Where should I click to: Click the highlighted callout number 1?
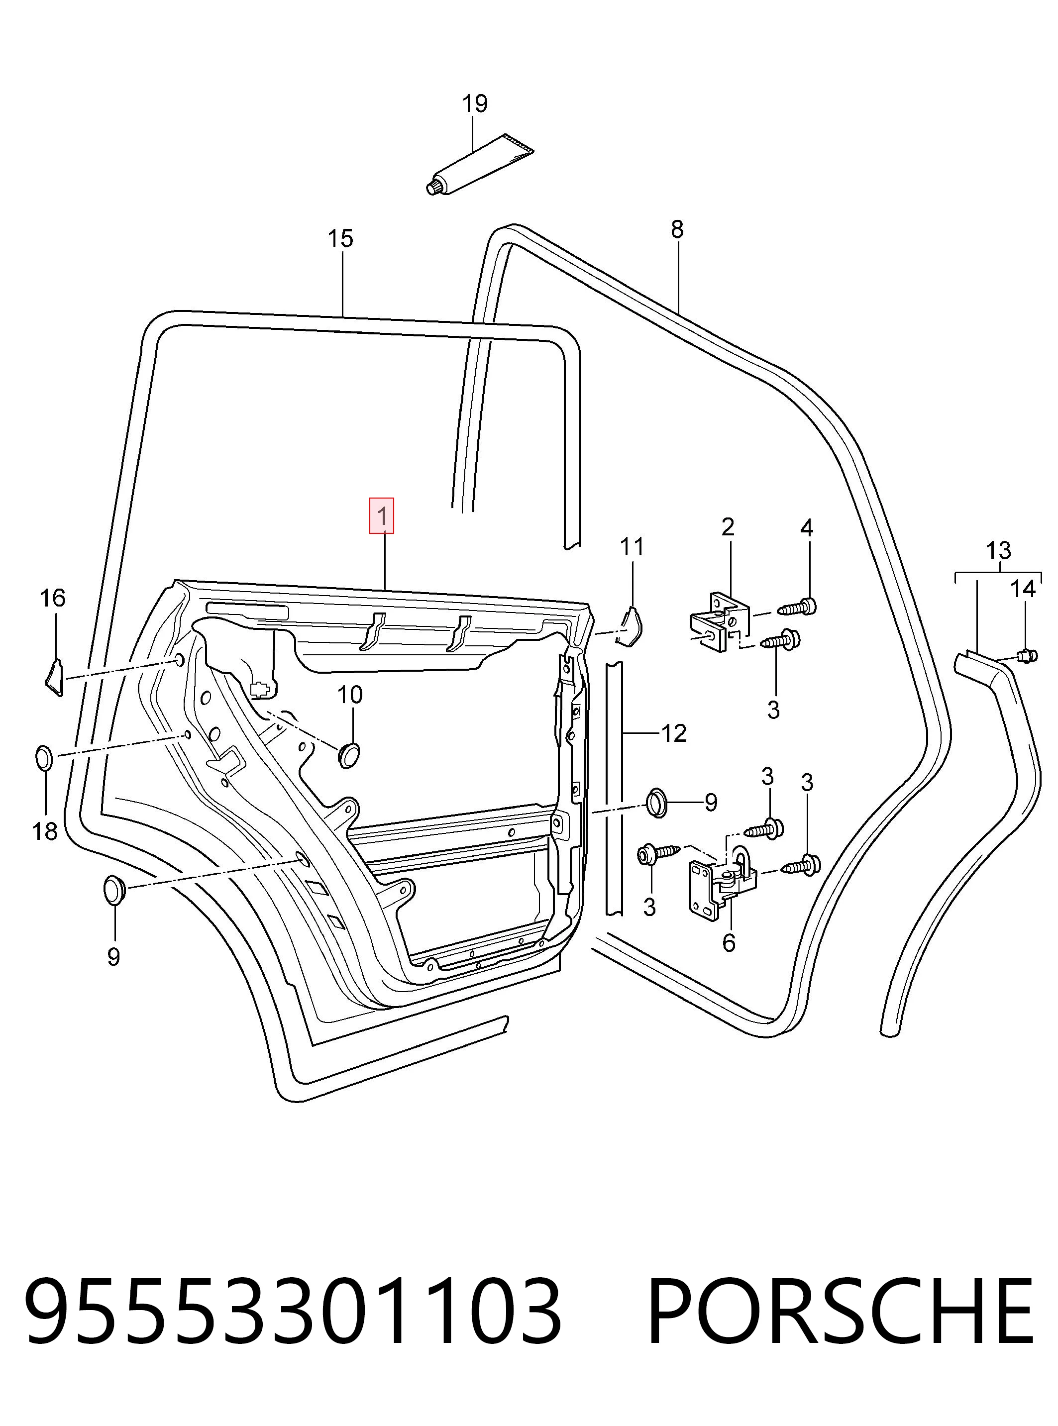coord(381,515)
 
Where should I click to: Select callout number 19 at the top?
coord(475,103)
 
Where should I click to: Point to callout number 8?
coord(677,229)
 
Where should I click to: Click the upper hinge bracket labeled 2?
coord(719,621)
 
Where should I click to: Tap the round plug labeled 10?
coord(348,754)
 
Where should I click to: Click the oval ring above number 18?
coord(44,758)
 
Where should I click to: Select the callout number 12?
coord(673,733)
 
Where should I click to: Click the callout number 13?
coord(998,551)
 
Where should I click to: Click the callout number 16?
coord(53,598)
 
